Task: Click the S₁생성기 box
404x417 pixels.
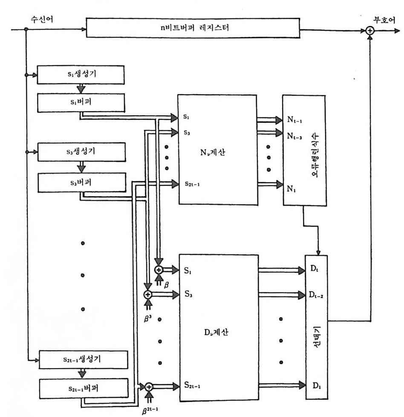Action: click(81, 75)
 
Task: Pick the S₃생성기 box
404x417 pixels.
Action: click(81, 152)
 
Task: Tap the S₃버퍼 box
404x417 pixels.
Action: click(81, 182)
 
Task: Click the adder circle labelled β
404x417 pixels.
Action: click(159, 270)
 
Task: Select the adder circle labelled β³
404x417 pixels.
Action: click(148, 294)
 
